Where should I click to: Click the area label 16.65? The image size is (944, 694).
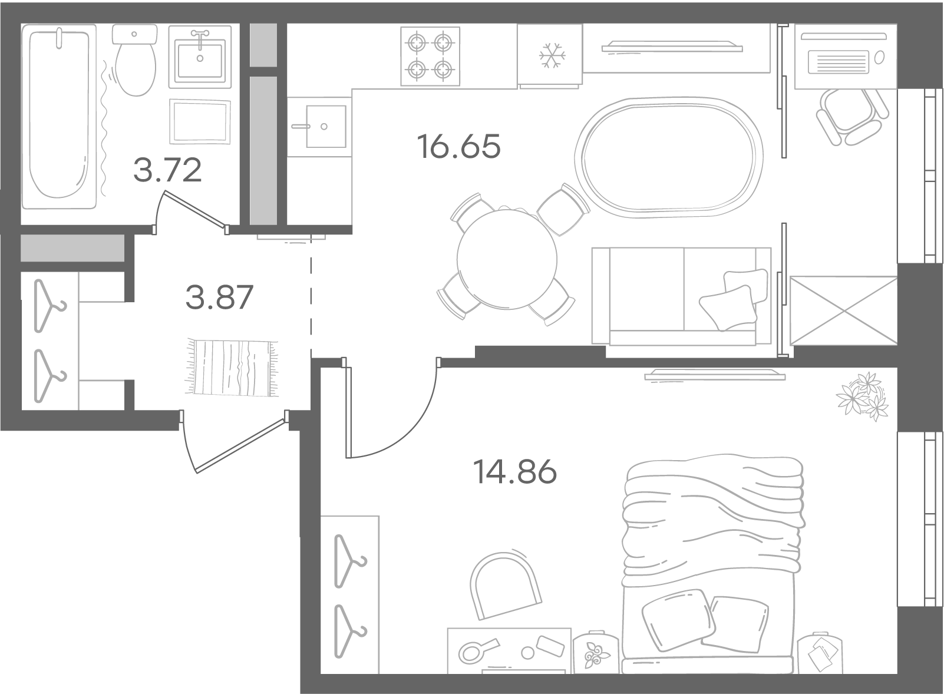pos(458,146)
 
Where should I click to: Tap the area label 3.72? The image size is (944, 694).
pos(167,170)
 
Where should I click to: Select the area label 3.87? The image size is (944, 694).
pos(219,297)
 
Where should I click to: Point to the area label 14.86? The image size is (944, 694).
pos(514,471)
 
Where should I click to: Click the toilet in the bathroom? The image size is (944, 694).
pos(135,60)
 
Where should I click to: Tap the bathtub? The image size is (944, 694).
pos(59,116)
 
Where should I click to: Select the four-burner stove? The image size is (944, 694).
pos(430,56)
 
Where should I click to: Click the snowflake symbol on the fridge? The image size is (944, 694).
pos(553,55)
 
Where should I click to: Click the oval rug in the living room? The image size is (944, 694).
pos(669,157)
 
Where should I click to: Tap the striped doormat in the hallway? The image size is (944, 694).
pos(232,367)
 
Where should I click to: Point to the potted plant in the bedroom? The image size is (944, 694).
pos(862,396)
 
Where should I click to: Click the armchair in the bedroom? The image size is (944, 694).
pos(505,585)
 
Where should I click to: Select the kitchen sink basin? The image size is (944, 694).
pos(326,127)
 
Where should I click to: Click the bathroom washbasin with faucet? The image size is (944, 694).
pos(200,57)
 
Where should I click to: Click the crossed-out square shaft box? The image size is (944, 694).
pos(844,310)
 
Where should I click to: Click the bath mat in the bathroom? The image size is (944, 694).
pos(200,122)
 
